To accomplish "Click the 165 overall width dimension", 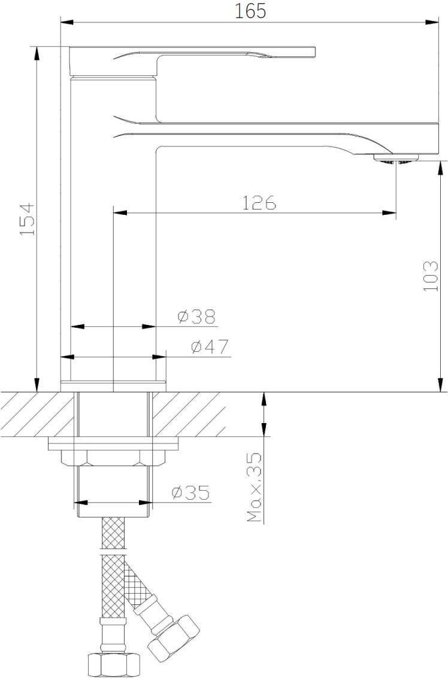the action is (x=250, y=11).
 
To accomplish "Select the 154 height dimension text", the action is (x=28, y=219).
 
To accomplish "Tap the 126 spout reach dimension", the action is (x=258, y=203).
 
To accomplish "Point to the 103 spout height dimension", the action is (x=431, y=276).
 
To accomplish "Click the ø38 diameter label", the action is (x=196, y=317).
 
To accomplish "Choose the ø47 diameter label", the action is (x=210, y=347).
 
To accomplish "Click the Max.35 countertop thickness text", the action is (x=255, y=487).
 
